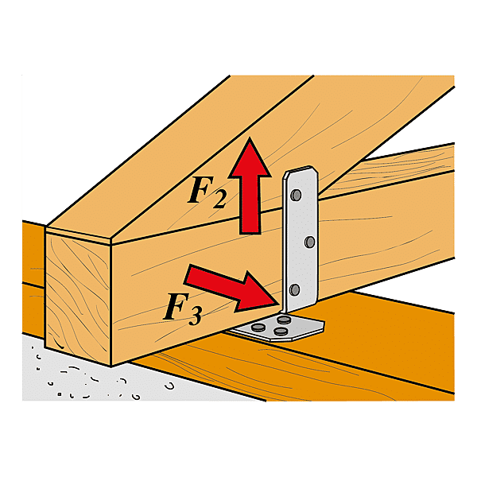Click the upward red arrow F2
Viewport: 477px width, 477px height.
250,188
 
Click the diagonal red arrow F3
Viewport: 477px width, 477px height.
232,288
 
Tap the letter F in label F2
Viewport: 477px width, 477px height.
200,189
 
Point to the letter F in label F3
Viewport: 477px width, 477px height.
176,306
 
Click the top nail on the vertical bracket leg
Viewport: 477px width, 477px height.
296,195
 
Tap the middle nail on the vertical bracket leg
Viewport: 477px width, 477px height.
310,242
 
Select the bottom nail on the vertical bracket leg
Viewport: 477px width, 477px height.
294,290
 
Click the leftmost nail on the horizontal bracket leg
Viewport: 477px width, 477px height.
258,328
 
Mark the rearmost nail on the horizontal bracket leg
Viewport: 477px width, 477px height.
284,319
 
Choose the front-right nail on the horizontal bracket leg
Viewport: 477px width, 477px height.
281,331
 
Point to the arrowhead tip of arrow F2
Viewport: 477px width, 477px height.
250,138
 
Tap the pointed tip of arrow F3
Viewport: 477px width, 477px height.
278,304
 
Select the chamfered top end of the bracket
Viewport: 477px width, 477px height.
301,173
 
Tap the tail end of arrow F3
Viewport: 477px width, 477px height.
188,274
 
